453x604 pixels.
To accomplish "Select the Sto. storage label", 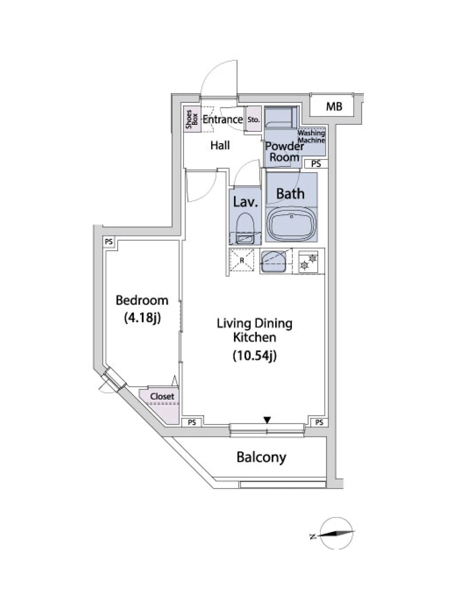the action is (x=254, y=120).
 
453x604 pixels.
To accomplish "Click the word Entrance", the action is (x=222, y=119).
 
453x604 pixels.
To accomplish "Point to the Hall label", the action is (x=220, y=145).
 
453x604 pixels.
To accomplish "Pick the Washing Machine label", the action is (x=311, y=137).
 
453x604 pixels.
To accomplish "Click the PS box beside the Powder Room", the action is (x=316, y=164).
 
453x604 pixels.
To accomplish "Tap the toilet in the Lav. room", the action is (x=245, y=228).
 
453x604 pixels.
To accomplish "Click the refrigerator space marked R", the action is (x=242, y=260).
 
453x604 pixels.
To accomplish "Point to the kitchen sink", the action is (x=273, y=262).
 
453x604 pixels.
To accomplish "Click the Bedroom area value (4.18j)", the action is (x=142, y=318).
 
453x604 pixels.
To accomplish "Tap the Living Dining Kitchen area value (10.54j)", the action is (x=255, y=356).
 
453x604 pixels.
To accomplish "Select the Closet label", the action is (x=162, y=396).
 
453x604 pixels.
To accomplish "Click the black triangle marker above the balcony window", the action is (x=267, y=420).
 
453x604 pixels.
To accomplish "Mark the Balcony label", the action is (x=261, y=457).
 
